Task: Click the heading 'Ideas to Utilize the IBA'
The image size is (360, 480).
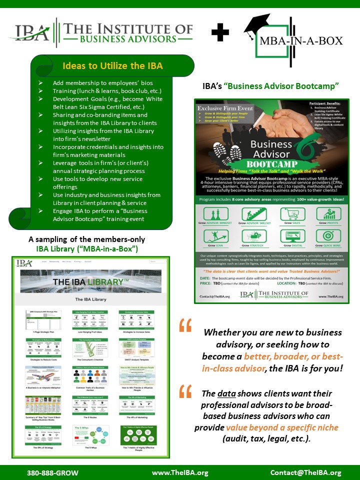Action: pos(112,65)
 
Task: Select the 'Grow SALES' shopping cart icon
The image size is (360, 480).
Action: pos(292,214)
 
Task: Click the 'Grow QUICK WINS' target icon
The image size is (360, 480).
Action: pos(329,236)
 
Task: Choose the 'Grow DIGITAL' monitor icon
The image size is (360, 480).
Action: pos(292,236)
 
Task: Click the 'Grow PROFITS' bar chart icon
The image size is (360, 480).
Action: pos(329,214)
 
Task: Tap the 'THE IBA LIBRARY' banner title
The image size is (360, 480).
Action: pos(88,282)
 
